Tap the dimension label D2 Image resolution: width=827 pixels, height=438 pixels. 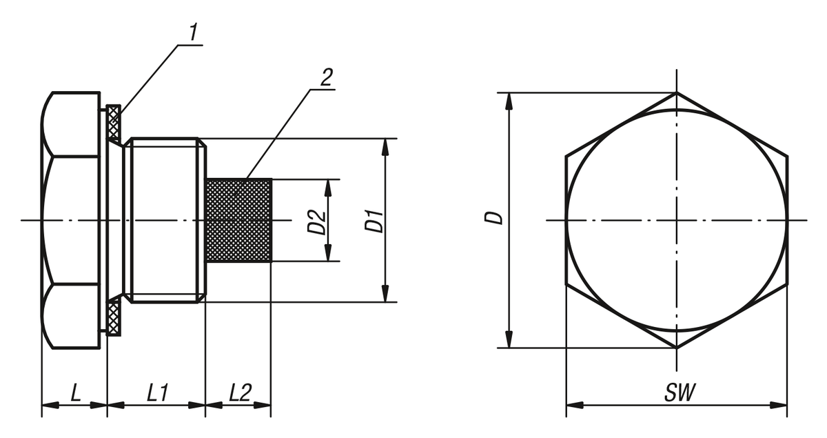tap(316, 221)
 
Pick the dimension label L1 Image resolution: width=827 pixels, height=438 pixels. tap(157, 394)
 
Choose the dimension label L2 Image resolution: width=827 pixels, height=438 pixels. tap(240, 394)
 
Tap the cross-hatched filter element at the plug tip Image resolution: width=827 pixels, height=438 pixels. tap(239, 221)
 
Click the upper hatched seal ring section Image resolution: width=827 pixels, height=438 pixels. tap(114, 123)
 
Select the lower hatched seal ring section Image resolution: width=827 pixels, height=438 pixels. tap(114, 317)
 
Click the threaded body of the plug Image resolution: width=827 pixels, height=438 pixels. tap(165, 221)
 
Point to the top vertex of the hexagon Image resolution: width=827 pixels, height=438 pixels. tap(677, 92)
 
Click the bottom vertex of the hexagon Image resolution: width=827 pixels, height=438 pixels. tap(677, 348)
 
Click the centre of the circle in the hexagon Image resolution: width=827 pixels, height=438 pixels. tap(677, 220)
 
